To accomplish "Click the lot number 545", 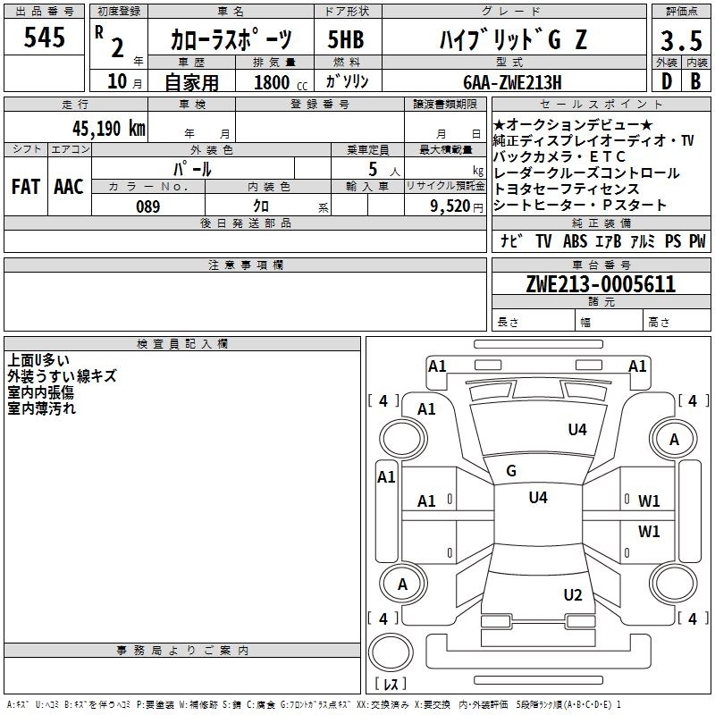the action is point(45,38).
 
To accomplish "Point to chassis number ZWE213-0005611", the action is point(601,284).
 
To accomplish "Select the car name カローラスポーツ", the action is point(231,40).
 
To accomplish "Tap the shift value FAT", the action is point(26,187).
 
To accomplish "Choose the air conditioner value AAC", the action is point(69,187).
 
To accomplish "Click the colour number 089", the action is point(148,206).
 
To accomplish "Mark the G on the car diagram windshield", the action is point(511,471).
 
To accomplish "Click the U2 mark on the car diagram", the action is point(573,595).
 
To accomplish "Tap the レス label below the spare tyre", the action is point(391,685).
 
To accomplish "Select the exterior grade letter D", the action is point(666,81).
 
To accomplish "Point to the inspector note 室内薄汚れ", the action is point(42,408).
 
